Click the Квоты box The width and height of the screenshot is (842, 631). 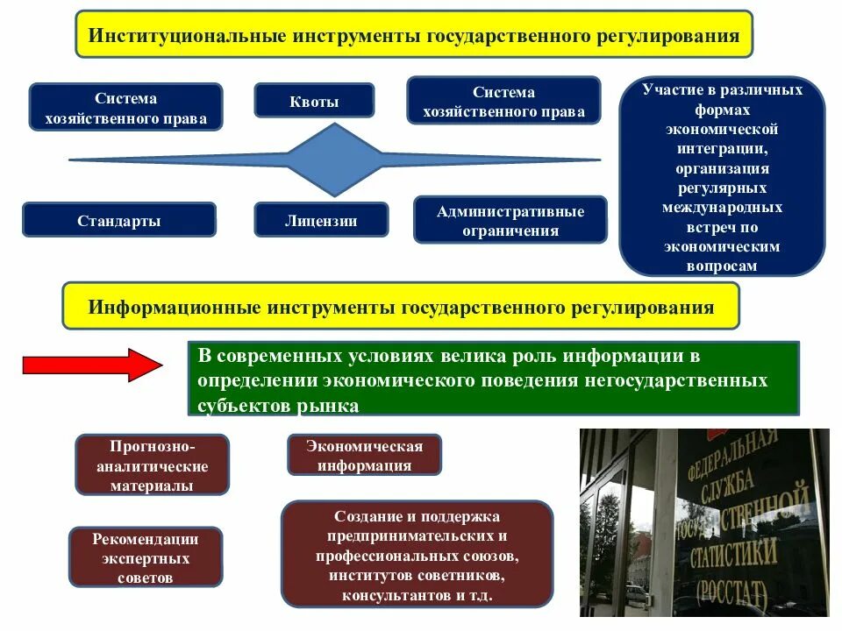pos(314,100)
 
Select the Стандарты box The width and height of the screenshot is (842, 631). pos(118,220)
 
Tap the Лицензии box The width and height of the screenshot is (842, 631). pos(321,220)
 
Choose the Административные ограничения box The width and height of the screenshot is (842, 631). pos(510,220)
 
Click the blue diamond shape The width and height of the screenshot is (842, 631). pos(336,160)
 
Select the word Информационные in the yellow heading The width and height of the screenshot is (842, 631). pos(173,308)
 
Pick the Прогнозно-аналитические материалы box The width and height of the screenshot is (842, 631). pos(153,465)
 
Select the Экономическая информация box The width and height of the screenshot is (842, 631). pos(364,456)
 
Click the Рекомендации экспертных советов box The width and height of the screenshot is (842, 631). pos(146,557)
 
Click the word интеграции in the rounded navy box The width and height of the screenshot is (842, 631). pos(722,148)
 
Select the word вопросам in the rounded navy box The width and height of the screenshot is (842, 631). pos(722,266)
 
